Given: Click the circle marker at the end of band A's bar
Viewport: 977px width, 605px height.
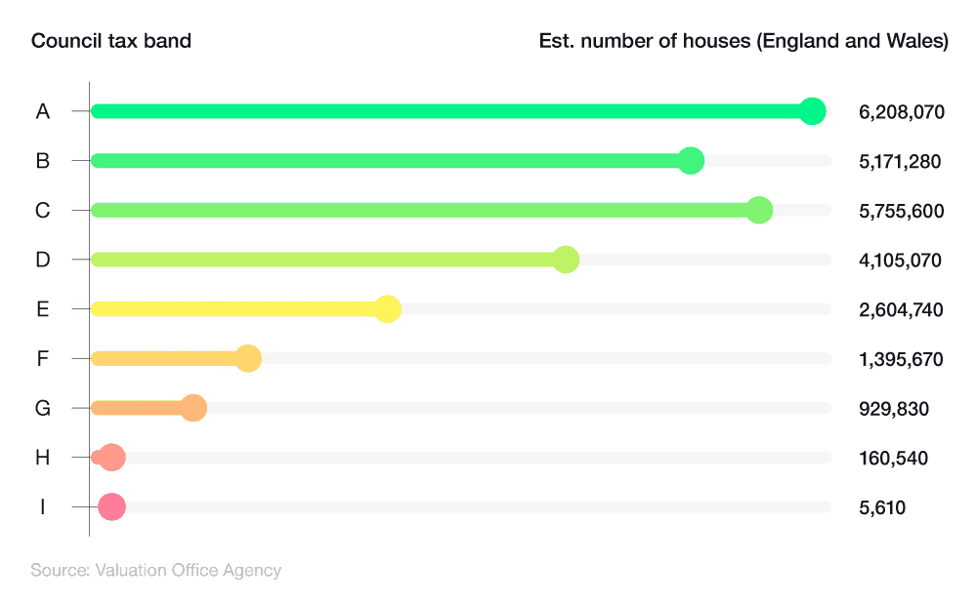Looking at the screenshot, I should tap(812, 111).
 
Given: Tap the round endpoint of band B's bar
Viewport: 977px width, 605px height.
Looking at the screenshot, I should tap(691, 161).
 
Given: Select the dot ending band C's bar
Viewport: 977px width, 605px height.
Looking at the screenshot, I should tap(759, 210).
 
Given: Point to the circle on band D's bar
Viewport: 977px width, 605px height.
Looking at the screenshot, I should tap(566, 260).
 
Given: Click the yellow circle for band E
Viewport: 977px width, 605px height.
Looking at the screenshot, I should tap(388, 309).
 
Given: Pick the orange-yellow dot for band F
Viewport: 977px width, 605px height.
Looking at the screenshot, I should tap(248, 358).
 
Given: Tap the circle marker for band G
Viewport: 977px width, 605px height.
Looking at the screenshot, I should tap(193, 408).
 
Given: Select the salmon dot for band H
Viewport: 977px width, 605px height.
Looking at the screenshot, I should tap(112, 457).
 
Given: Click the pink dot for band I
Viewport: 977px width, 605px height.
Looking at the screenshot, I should tap(111, 506).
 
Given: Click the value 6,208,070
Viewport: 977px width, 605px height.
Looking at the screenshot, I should tap(901, 112).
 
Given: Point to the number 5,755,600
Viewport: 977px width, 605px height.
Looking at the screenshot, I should tap(901, 211).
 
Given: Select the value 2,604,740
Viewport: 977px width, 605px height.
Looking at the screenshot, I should tap(901, 310).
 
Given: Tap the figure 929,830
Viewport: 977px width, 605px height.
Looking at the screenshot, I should tap(893, 409).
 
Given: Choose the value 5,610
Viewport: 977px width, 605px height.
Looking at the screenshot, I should tap(881, 507).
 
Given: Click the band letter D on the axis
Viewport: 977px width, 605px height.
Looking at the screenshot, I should tap(43, 261).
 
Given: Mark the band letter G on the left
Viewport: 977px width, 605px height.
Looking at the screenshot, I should tap(43, 409).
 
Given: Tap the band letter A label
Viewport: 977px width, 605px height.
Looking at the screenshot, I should tap(43, 112).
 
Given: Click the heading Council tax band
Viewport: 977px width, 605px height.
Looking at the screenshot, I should tap(110, 41).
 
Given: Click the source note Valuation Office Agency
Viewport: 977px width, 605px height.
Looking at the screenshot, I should tap(188, 570).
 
